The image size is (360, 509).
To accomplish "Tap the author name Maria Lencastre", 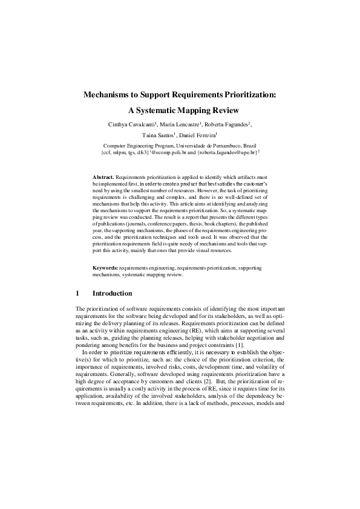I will point(182,124).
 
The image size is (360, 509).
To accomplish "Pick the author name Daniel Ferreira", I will point(199,135).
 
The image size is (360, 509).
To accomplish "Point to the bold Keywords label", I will point(105,267).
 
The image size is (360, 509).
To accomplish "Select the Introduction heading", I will point(112,293).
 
